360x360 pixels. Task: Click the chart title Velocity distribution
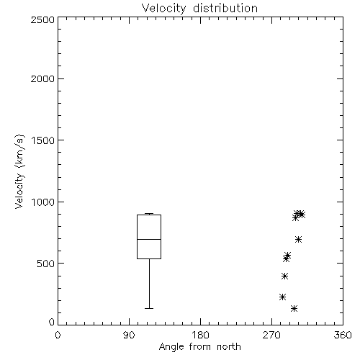199,9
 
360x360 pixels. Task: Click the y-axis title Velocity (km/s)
19,171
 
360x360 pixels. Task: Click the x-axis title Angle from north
199,346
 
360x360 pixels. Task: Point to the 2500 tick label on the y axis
43,19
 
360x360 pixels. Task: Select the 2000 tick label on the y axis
43,78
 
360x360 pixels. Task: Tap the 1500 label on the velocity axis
43,140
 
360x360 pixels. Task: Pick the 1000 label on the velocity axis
43,202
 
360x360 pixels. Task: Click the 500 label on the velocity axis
46,264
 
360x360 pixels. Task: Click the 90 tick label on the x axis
129,335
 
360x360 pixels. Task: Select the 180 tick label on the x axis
200,335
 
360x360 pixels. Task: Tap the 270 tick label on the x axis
271,335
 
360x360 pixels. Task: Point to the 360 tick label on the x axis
343,335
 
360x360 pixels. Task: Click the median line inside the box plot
149,239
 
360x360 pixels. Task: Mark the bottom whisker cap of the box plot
149,308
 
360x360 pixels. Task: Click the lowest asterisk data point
294,308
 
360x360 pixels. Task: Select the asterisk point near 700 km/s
298,239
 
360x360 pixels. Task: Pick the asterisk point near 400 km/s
284,276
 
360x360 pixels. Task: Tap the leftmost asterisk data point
282,297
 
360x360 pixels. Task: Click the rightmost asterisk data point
302,215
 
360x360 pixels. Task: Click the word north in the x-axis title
229,346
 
